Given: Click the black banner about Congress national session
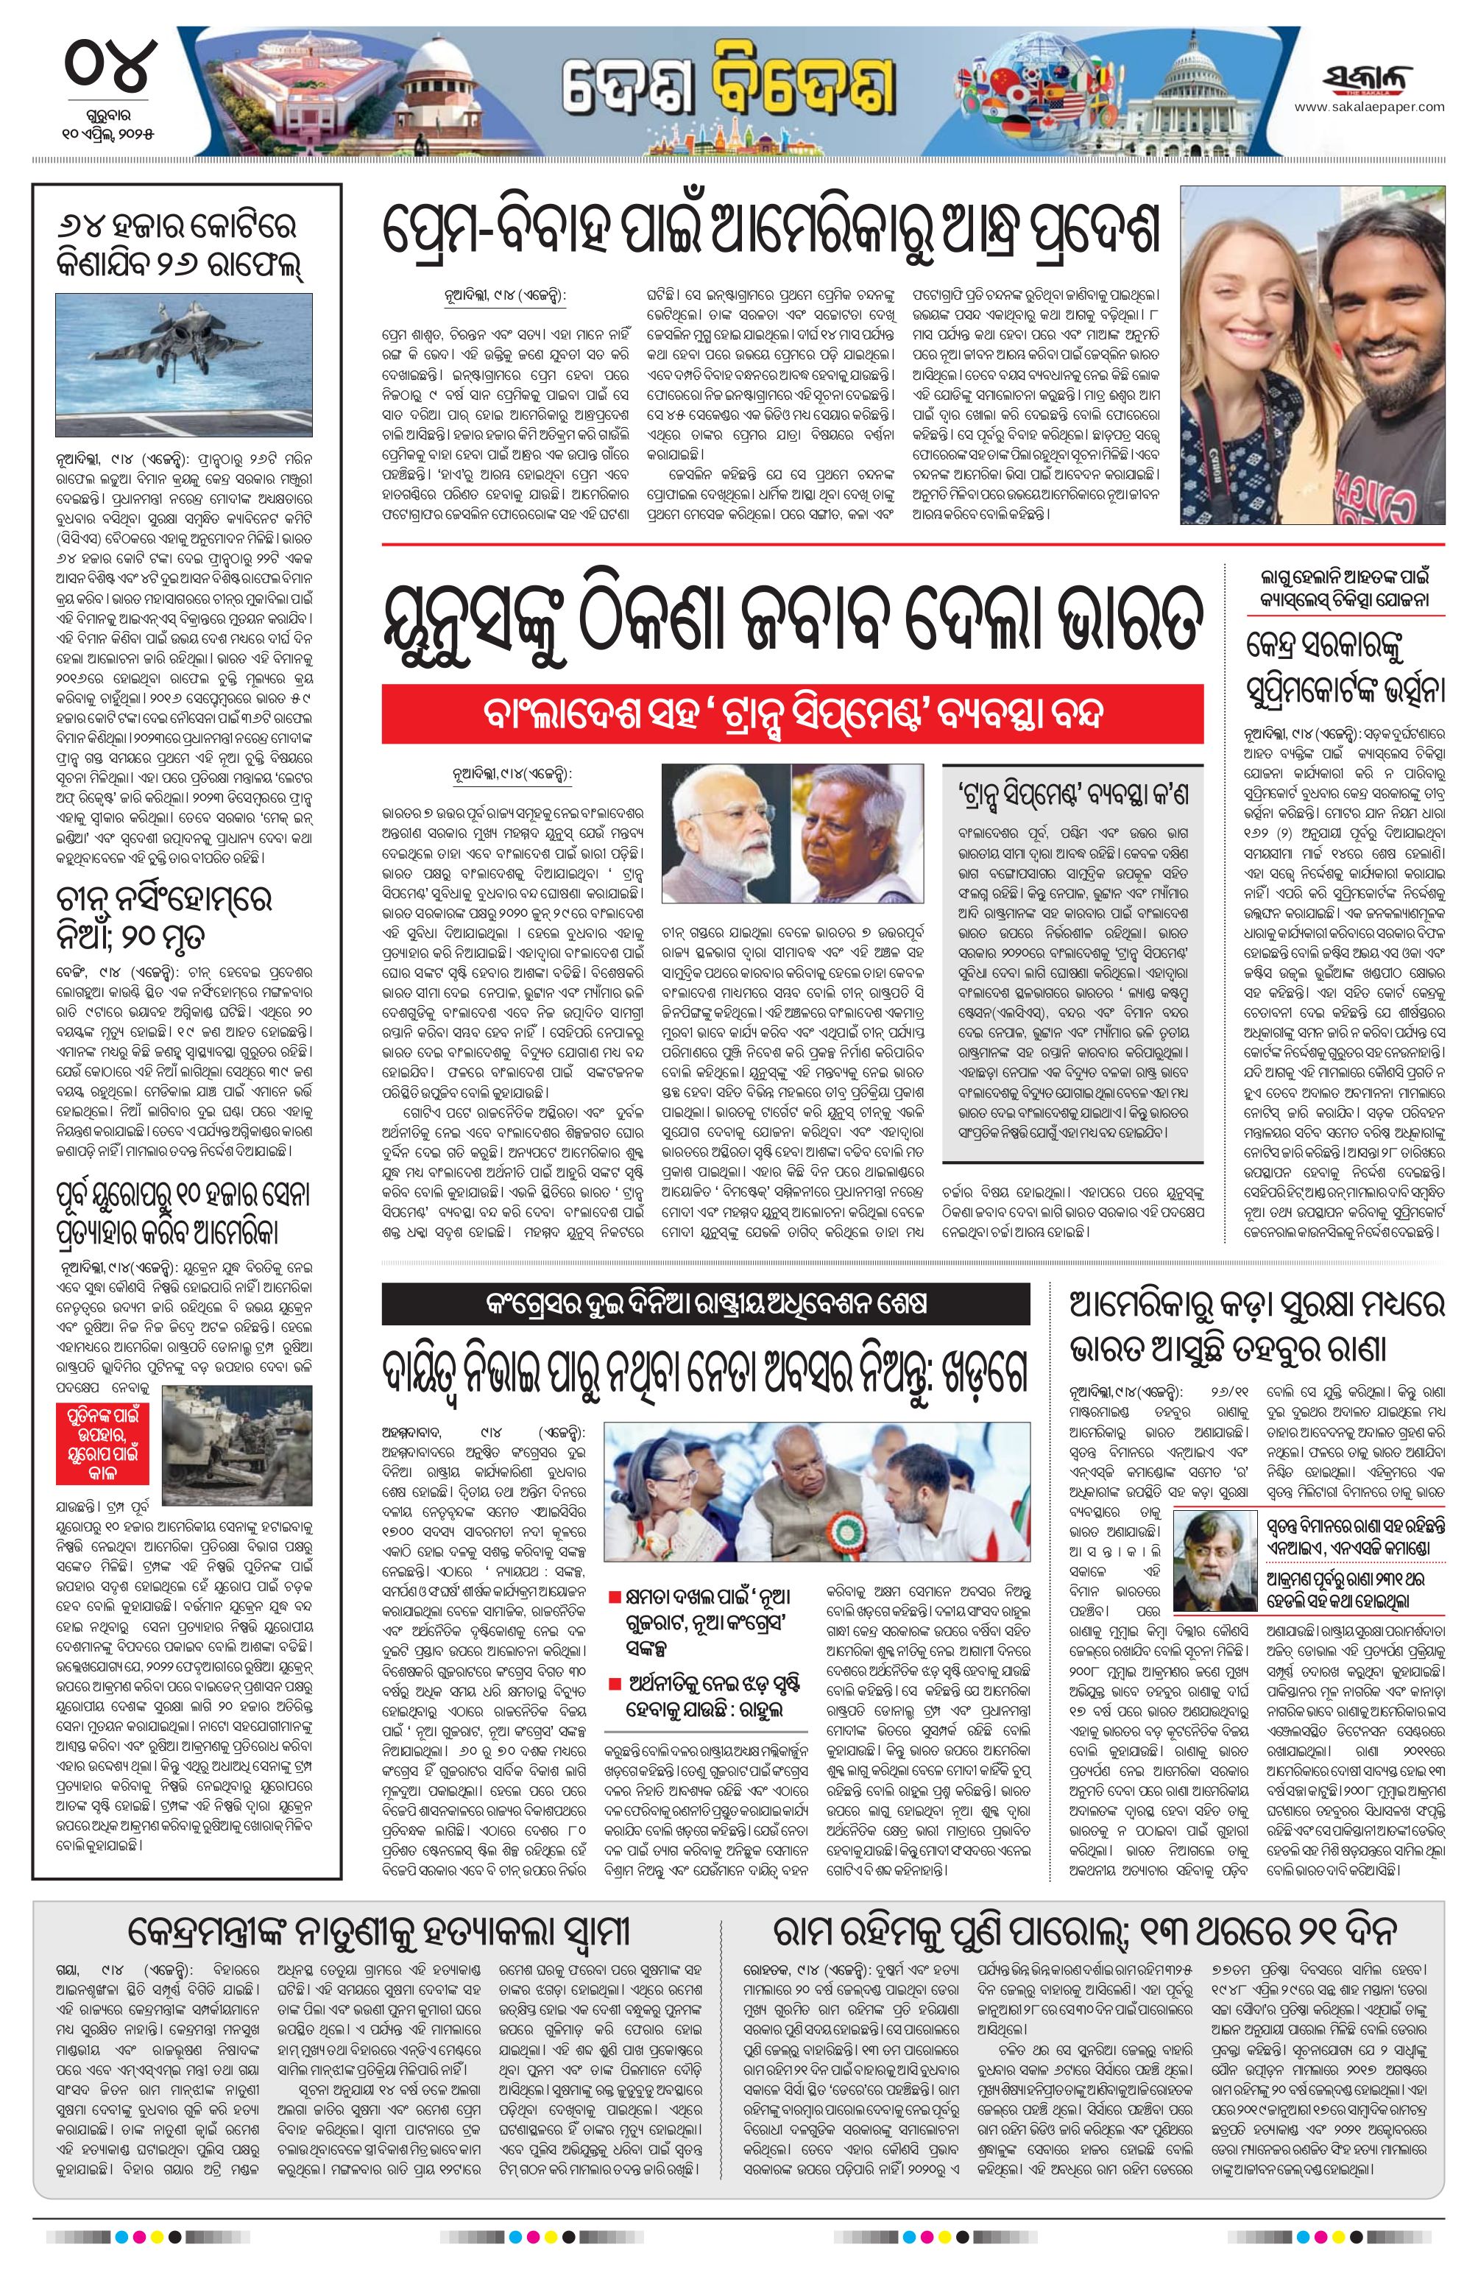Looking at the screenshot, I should coord(706,1303).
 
